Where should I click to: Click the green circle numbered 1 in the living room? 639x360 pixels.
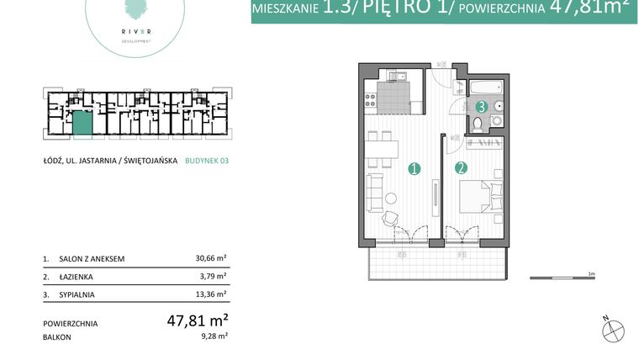(x=414, y=168)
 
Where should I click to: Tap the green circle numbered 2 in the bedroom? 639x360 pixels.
(x=462, y=168)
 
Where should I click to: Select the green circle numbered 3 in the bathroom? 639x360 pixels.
(x=482, y=107)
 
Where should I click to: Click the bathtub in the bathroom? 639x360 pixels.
(x=486, y=87)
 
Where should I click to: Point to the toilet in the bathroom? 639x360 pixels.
(x=478, y=124)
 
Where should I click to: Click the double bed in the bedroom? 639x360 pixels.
(x=486, y=196)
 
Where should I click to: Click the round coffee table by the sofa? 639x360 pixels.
(x=392, y=199)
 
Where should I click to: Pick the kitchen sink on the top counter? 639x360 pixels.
(x=402, y=78)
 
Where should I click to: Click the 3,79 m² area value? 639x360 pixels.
(x=214, y=276)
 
